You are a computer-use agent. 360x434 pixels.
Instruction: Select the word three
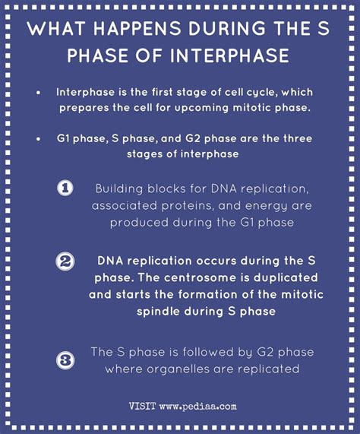[290, 141]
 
